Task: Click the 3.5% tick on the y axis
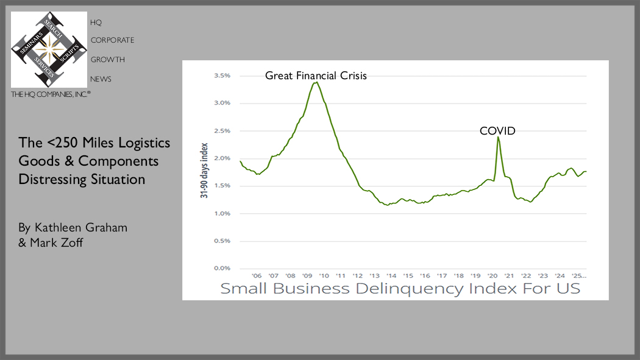(x=221, y=76)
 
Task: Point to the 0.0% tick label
(x=221, y=268)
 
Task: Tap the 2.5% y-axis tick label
(x=221, y=131)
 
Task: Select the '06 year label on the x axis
(x=257, y=275)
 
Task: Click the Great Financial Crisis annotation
(x=316, y=76)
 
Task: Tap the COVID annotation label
(x=497, y=130)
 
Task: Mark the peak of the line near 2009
(x=316, y=82)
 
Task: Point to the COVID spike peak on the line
(x=499, y=137)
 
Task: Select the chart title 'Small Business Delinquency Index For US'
(x=400, y=288)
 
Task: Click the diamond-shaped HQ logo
(x=49, y=49)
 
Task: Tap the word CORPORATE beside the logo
(x=112, y=40)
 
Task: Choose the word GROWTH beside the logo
(x=107, y=60)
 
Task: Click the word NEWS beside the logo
(x=101, y=79)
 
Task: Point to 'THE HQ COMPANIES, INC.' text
(x=51, y=94)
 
